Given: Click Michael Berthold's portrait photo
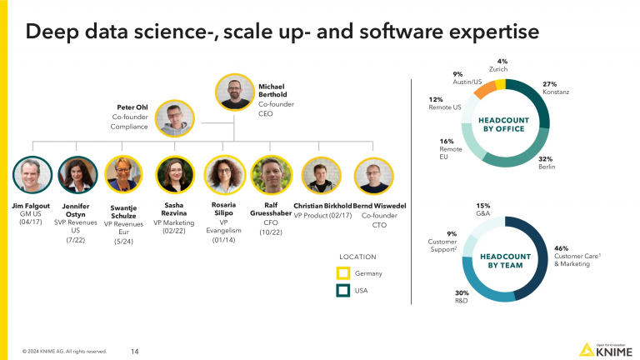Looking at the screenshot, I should pyautogui.click(x=235, y=92).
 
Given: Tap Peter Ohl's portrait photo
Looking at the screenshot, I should pyautogui.click(x=175, y=119).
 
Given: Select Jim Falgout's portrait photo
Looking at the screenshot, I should pyautogui.click(x=32, y=175).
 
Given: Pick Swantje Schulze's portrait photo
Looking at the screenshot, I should pyautogui.click(x=124, y=175).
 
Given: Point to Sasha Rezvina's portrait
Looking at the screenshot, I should pyautogui.click(x=174, y=175).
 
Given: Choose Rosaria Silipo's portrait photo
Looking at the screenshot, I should pyautogui.click(x=222, y=175).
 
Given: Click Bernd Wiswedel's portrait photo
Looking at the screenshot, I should pyautogui.click(x=372, y=175).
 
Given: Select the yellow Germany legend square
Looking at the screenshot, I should pyautogui.click(x=342, y=272).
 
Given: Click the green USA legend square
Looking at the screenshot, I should pyautogui.click(x=342, y=291).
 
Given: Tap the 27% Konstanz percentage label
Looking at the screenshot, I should pyautogui.click(x=550, y=84).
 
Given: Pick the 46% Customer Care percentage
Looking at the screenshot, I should pyautogui.click(x=562, y=247).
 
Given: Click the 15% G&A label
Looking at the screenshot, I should pyautogui.click(x=482, y=206).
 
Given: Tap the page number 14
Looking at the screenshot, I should pyautogui.click(x=135, y=351).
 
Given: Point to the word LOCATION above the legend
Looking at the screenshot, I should pyautogui.click(x=357, y=257).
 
